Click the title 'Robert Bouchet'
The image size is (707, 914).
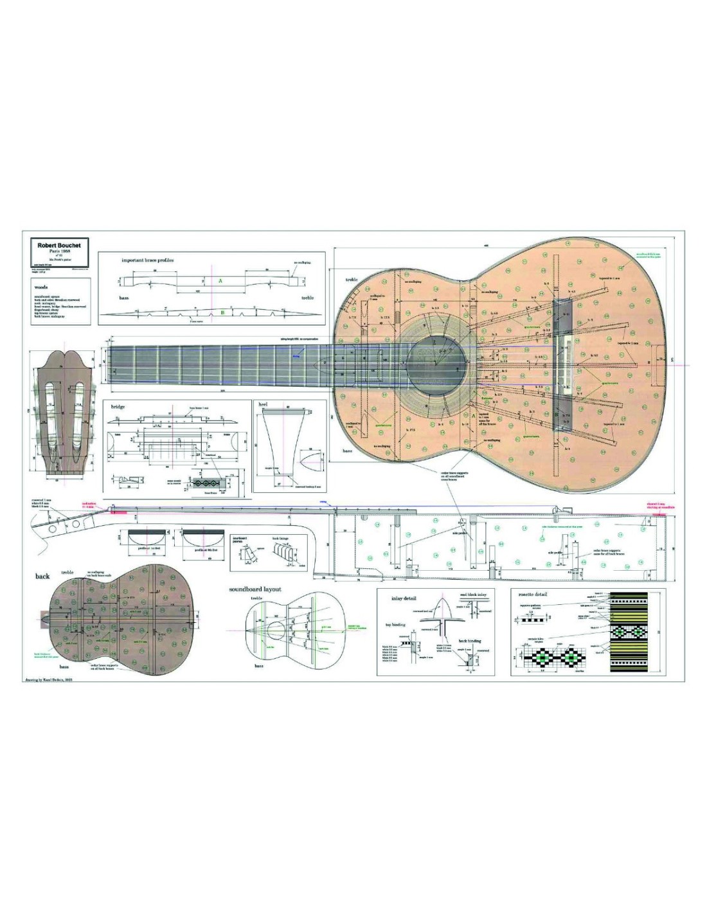pyautogui.click(x=59, y=245)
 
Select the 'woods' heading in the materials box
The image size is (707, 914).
pyautogui.click(x=40, y=287)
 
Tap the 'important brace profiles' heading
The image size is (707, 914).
pyautogui.click(x=148, y=260)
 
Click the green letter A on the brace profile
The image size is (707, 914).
pyautogui.click(x=221, y=282)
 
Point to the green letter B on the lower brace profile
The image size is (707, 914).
pyautogui.click(x=222, y=312)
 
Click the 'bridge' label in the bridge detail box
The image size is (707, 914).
pyautogui.click(x=118, y=407)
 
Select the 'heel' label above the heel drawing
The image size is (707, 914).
pyautogui.click(x=263, y=405)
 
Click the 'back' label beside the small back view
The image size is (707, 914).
pyautogui.click(x=42, y=576)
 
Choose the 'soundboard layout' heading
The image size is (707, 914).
pyautogui.click(x=255, y=589)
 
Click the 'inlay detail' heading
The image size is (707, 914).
pyautogui.click(x=404, y=598)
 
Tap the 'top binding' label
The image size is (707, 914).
pyautogui.click(x=395, y=624)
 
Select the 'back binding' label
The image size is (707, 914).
pyautogui.click(x=470, y=641)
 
